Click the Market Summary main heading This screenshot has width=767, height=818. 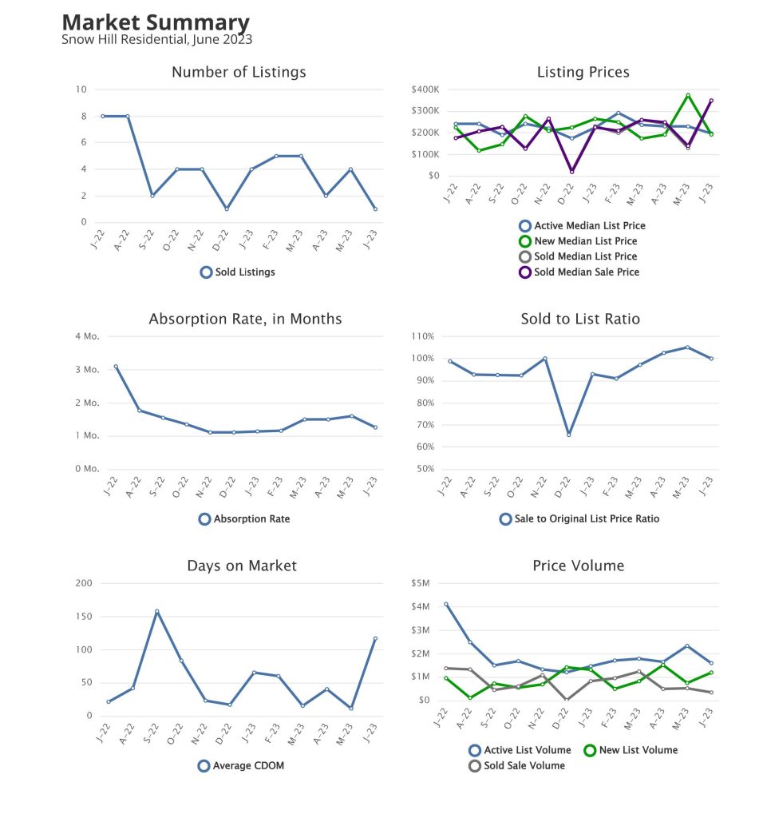pos(155,22)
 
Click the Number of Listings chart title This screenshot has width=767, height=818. pos(239,72)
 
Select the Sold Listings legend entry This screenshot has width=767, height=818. pos(237,272)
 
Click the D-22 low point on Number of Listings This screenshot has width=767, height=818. pos(227,208)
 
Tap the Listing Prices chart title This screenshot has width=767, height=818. pos(583,72)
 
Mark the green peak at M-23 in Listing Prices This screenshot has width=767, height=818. pos(687,95)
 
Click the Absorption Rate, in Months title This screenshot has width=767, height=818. pos(245,319)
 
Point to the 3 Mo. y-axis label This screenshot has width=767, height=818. pos(86,370)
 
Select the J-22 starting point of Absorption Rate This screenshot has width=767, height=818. pos(116,367)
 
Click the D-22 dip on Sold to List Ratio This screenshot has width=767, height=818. pos(569,435)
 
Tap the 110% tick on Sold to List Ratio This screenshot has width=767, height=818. pos(423,336)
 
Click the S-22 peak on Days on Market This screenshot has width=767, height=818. pos(156,611)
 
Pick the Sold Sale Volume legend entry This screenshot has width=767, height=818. pos(516,765)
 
